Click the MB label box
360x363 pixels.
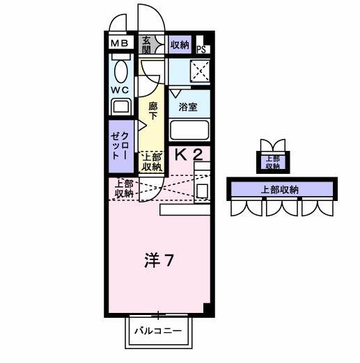coord(120,44)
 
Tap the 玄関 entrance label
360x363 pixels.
coord(147,44)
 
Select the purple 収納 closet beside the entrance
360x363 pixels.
coord(179,45)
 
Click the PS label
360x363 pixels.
coord(201,49)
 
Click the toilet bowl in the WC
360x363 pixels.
coord(120,70)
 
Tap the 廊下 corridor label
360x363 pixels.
coord(153,111)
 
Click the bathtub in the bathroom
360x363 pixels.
coord(189,130)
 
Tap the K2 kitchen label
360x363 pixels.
coord(188,154)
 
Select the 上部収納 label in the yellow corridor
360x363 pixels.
coord(151,162)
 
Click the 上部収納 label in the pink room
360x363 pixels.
coord(124,188)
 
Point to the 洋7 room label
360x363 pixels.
coord(159,261)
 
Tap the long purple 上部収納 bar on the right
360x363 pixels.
coord(280,189)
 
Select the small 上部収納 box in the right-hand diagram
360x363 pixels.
coord(272,161)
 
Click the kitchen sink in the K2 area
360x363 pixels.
coord(203,190)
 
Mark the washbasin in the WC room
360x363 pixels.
coord(121,106)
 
